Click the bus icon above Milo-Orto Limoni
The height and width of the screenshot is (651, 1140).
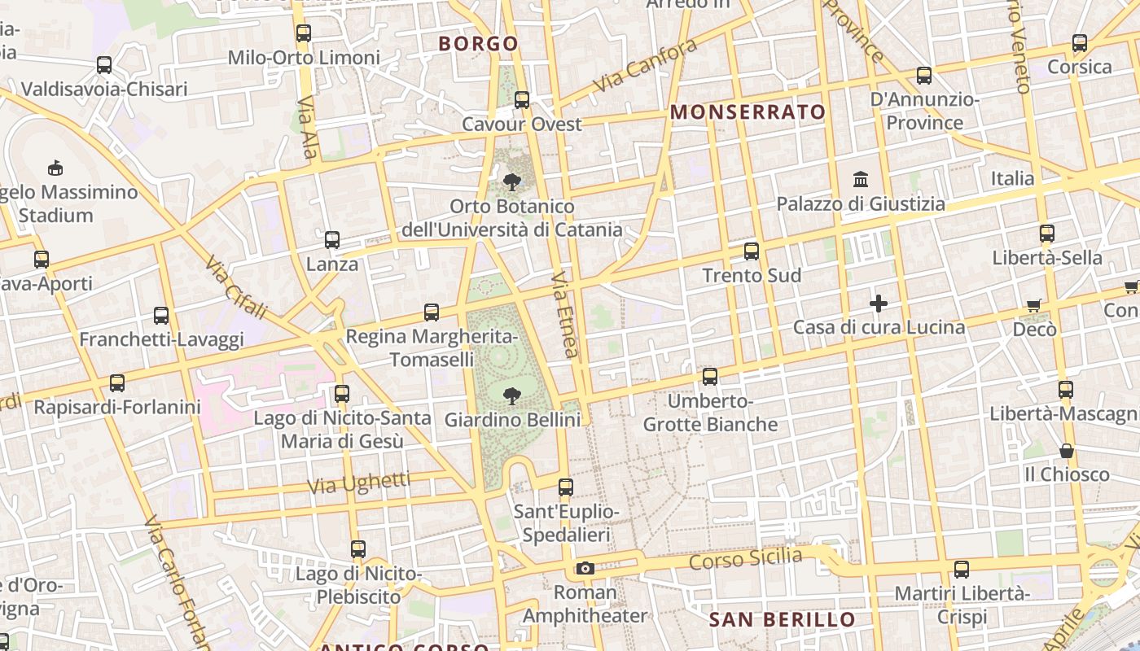[304, 33]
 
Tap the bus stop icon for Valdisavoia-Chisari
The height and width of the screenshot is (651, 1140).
[104, 65]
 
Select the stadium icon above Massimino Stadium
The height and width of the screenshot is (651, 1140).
[55, 168]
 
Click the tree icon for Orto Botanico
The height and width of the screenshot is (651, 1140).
[512, 181]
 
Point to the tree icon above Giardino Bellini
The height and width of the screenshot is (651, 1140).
[512, 396]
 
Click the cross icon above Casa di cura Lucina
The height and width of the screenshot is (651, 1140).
[879, 304]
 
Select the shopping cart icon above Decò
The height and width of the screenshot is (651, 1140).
[1034, 305]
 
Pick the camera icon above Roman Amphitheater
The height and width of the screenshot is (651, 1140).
[585, 568]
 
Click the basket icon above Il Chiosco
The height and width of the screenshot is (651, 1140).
[1066, 450]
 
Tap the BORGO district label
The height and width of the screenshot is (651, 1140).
[479, 44]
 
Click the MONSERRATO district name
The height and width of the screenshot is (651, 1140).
[748, 112]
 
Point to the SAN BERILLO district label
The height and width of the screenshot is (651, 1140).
[782, 620]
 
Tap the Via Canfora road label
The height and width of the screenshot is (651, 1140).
[645, 65]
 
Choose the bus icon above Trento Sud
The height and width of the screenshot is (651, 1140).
[752, 251]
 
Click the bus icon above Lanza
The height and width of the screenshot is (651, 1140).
[332, 240]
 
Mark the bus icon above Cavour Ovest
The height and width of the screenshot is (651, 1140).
[522, 100]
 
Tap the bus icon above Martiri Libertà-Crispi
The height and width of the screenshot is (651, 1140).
[962, 570]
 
